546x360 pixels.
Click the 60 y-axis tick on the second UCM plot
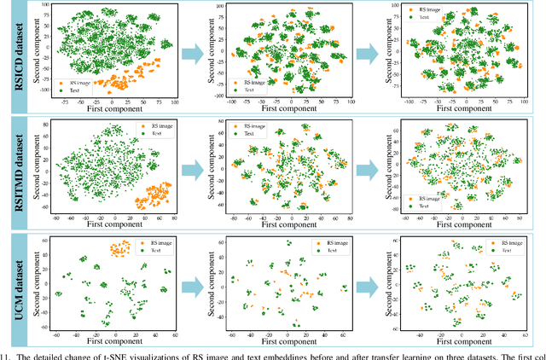(x=222, y=242)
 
